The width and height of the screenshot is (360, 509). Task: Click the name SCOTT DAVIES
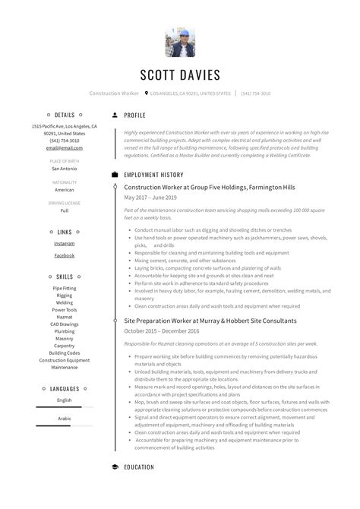180,74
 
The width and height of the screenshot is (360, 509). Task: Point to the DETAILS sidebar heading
65,115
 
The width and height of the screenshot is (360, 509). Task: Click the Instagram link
65,243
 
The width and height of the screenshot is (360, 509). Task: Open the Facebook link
65,255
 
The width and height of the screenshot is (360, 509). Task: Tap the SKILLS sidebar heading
65,277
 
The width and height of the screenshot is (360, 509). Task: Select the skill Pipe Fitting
65,289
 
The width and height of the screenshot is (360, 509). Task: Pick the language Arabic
65,418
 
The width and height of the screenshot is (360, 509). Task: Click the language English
65,400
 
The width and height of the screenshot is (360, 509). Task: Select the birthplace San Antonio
65,169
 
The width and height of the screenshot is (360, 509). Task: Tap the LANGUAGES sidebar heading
65,388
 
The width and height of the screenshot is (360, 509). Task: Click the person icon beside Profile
115,115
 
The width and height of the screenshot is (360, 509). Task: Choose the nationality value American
65,190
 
